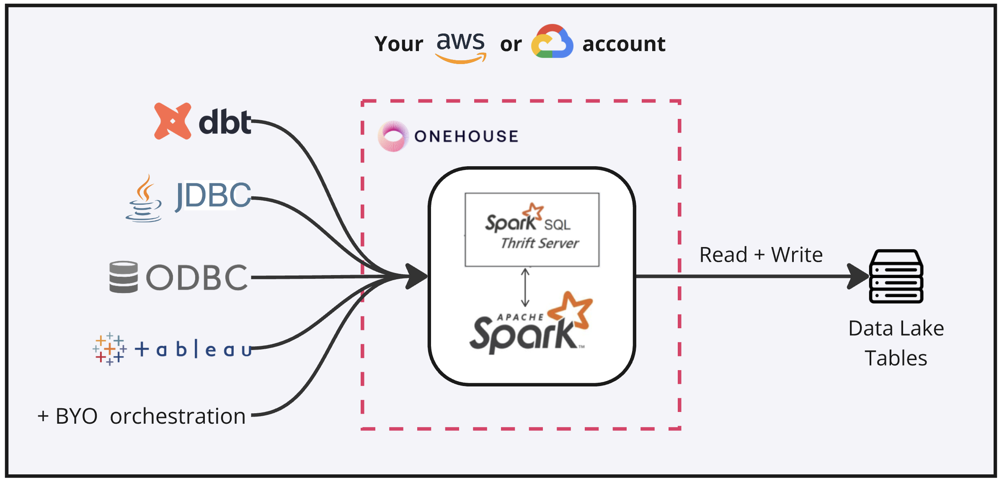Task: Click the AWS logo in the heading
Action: click(460, 46)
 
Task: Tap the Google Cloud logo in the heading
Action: click(552, 42)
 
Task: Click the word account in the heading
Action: click(623, 44)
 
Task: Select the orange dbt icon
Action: click(172, 121)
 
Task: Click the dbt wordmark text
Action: click(225, 122)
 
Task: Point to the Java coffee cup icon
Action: click(144, 200)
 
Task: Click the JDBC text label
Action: click(213, 195)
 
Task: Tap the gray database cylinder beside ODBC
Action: click(124, 277)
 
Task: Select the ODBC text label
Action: click(197, 278)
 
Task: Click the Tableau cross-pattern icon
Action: click(109, 349)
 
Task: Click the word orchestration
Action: click(178, 416)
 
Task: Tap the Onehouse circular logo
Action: click(393, 136)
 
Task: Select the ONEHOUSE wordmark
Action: click(466, 136)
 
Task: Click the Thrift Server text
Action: click(540, 243)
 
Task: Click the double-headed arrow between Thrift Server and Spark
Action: click(525, 288)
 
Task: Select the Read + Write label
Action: click(761, 255)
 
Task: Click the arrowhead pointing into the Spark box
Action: click(416, 276)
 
